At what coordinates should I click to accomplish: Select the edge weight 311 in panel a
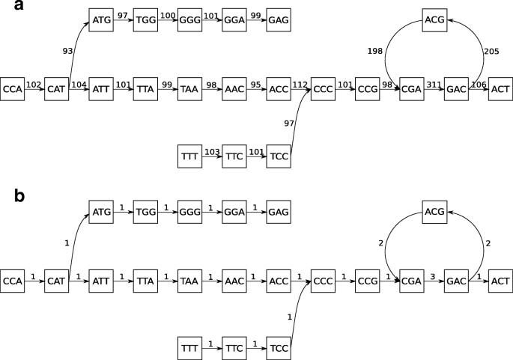click(x=434, y=84)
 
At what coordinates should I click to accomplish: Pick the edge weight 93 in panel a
click(x=67, y=52)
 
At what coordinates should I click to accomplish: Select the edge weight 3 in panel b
click(x=434, y=277)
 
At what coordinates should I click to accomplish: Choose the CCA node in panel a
click(x=12, y=89)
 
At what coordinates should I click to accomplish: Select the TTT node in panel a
click(x=189, y=157)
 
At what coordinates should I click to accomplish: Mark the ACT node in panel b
click(x=500, y=282)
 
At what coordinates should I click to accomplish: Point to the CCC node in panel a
click(x=322, y=89)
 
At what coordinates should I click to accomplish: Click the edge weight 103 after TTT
click(x=212, y=152)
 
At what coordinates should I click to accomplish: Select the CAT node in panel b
click(x=56, y=282)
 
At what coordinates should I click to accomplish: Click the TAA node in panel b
click(x=189, y=282)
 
